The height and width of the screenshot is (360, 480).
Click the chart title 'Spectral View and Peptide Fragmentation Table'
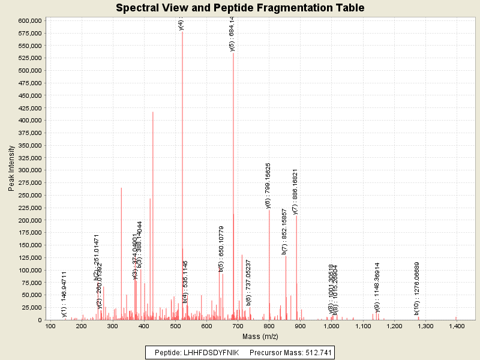click(240, 8)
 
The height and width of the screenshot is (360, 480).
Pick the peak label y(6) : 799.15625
click(268, 185)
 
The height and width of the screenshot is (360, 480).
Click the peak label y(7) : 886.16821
click(295, 191)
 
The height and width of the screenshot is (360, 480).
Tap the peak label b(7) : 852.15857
click(284, 232)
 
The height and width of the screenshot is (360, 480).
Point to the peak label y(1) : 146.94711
click(64, 294)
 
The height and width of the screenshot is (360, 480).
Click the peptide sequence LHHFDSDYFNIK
click(214, 352)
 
